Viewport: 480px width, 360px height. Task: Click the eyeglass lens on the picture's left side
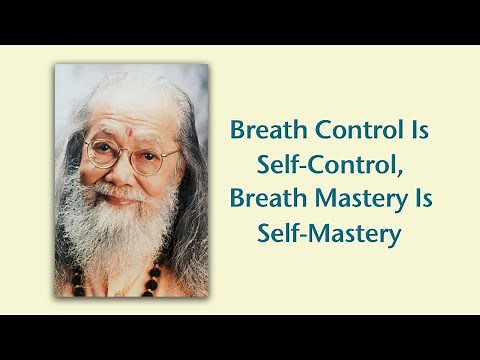(x=100, y=154)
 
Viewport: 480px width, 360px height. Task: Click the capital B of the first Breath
(x=238, y=131)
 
